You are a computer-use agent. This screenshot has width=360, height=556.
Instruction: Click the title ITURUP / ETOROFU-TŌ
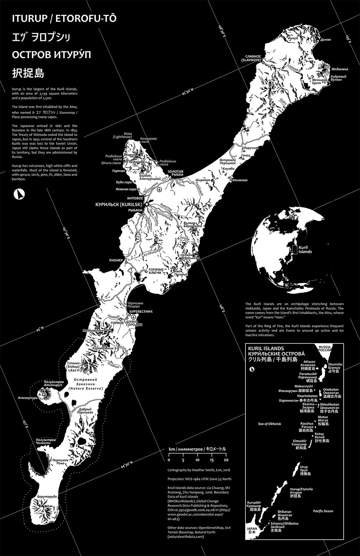[x=64, y=18]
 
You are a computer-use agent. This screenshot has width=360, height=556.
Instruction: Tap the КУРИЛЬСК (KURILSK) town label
[x=119, y=204]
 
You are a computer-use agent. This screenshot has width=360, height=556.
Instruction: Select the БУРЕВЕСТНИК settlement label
[x=140, y=311]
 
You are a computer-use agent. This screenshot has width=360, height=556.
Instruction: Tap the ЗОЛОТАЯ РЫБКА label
[x=176, y=173]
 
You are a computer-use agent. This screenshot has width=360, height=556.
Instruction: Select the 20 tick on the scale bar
[x=226, y=460]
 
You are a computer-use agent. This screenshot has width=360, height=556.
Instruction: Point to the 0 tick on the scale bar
[x=169, y=460]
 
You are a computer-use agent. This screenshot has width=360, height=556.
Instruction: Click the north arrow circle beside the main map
[x=19, y=194]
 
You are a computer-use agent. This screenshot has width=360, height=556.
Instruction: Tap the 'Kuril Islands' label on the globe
[x=305, y=249]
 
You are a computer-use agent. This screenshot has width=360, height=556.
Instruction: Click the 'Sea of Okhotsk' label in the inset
[x=270, y=424]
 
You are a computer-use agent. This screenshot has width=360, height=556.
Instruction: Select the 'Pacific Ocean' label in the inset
[x=323, y=511]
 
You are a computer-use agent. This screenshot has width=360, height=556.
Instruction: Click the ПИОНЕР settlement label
[x=116, y=260]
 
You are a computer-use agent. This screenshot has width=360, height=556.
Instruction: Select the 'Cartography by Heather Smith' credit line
[x=199, y=470]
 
